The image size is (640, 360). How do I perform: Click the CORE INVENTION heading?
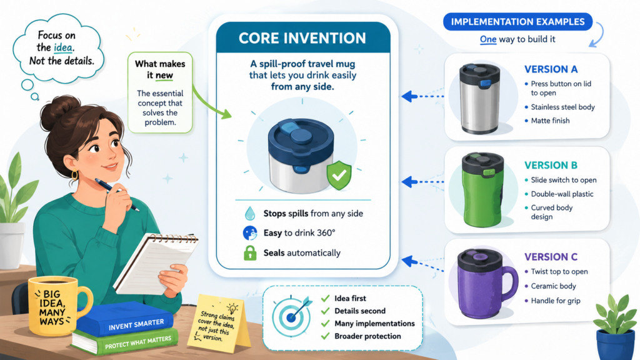pyautogui.click(x=302, y=38)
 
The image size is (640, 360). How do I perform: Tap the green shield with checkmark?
pyautogui.click(x=339, y=175)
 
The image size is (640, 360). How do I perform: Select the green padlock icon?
pyautogui.click(x=250, y=253)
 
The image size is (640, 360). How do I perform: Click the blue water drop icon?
pyautogui.click(x=249, y=213)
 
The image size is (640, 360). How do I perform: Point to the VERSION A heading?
pyautogui.click(x=551, y=69)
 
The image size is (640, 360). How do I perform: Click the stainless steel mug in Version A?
pyautogui.click(x=479, y=99)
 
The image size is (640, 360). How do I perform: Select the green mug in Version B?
pyautogui.click(x=482, y=190)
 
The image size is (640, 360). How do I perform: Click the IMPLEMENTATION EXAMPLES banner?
pyautogui.click(x=517, y=22)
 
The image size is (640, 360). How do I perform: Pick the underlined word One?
pyautogui.click(x=488, y=39)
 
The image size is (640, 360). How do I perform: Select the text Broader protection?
pyautogui.click(x=367, y=336)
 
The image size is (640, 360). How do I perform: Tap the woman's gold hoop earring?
pyautogui.click(x=75, y=175)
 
